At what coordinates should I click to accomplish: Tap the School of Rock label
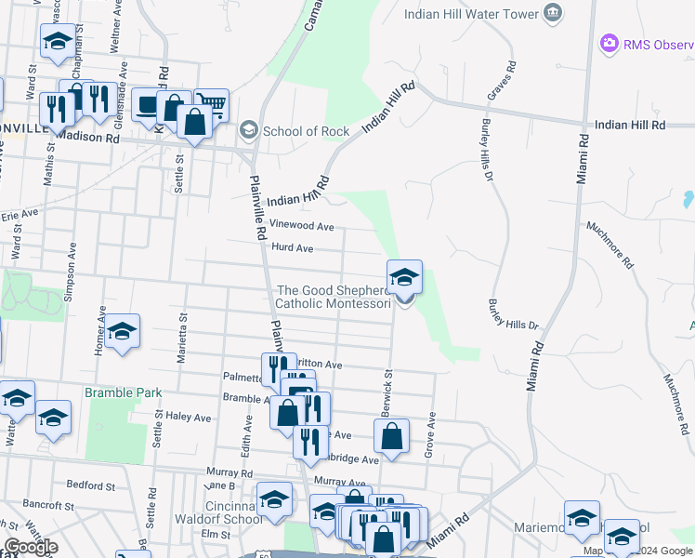coord(306,130)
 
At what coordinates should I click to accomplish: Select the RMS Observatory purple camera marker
coord(609,43)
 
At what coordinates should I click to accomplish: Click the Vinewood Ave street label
coord(301,226)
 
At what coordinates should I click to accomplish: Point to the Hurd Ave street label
coord(293,248)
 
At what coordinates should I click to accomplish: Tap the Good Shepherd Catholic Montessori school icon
coord(404,277)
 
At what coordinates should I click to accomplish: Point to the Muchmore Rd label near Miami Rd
coord(610,245)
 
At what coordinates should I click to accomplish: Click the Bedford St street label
coord(91,485)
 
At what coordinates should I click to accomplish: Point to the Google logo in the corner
coord(31,547)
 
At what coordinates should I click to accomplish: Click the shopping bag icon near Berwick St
coord(392,435)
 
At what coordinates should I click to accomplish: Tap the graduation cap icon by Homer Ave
coord(122,332)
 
